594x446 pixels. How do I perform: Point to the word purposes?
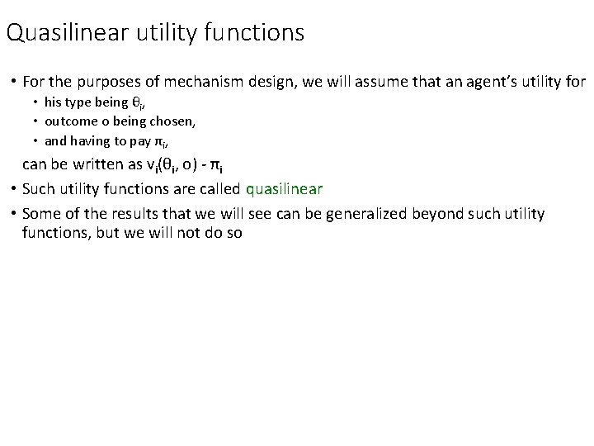click(x=104, y=83)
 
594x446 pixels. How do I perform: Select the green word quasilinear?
click(x=284, y=188)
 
